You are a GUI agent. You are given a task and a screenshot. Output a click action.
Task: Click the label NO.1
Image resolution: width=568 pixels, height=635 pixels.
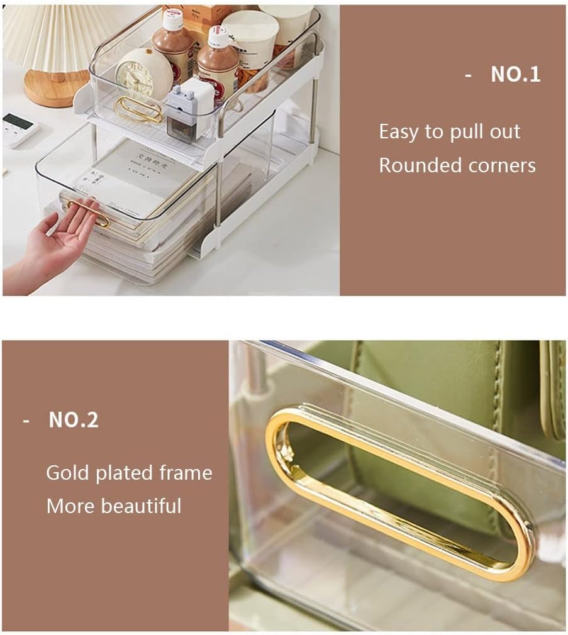coord(515,74)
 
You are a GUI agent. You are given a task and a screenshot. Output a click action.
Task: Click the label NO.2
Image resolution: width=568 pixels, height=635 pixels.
coord(73,420)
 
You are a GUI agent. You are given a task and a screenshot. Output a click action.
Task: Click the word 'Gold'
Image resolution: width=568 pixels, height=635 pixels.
coord(68,473)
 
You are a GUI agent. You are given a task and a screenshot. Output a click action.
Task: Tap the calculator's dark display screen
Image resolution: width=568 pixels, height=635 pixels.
coord(17,121)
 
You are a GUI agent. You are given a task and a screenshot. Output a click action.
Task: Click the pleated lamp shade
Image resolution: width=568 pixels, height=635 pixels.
coord(57,35)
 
